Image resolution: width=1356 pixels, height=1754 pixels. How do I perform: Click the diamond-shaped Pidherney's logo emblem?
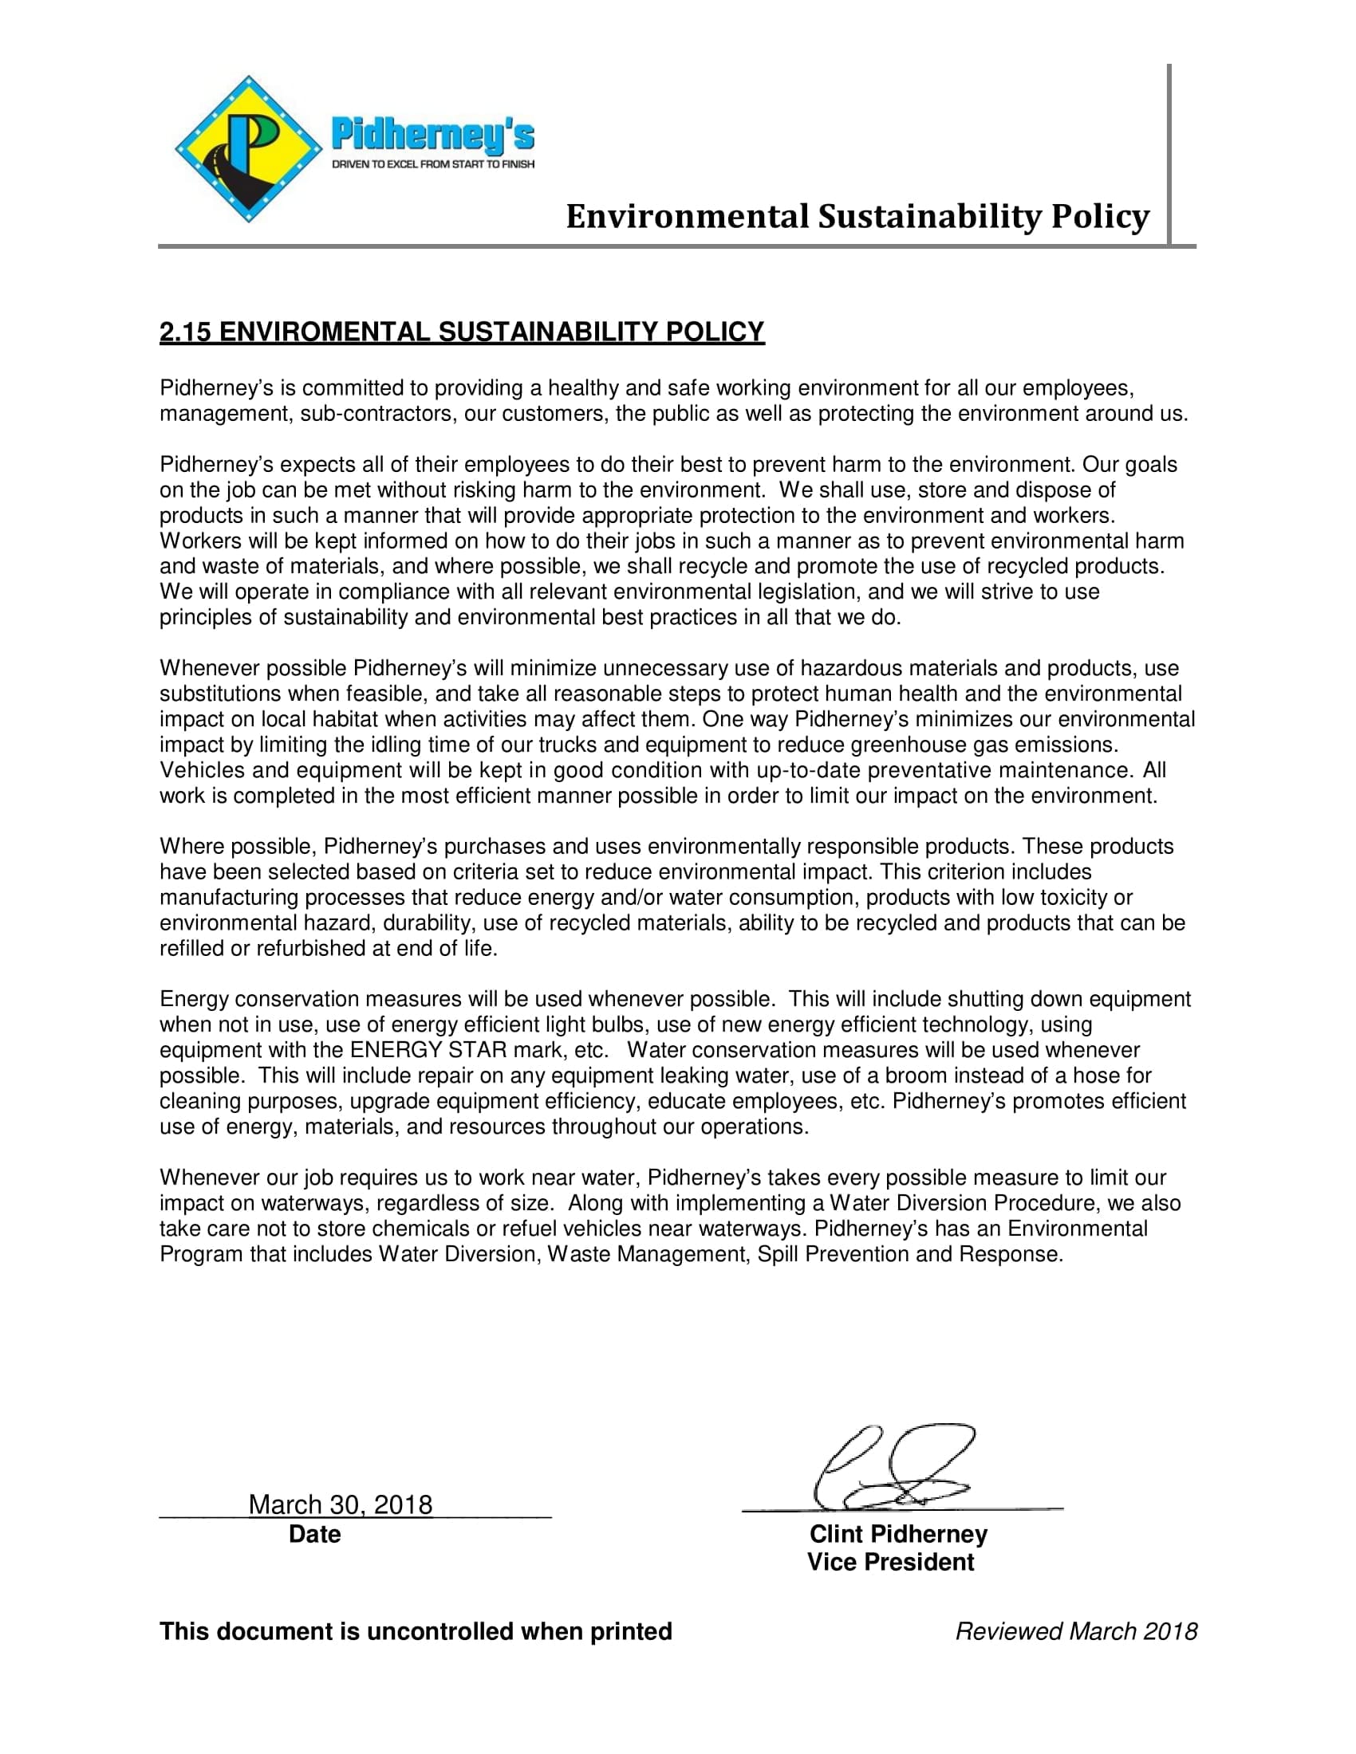coord(248,149)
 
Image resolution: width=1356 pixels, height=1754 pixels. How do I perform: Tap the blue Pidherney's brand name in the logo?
coord(433,134)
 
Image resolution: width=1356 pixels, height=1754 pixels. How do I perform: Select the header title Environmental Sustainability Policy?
coord(857,217)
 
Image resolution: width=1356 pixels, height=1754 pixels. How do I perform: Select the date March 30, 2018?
coord(341,1504)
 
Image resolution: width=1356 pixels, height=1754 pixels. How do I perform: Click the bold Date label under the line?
coord(314,1534)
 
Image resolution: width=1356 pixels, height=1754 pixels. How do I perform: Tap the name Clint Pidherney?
coord(898,1534)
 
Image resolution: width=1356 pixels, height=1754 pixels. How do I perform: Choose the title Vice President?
coord(891,1562)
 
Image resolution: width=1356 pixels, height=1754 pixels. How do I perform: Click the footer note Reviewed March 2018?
coord(1076,1631)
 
